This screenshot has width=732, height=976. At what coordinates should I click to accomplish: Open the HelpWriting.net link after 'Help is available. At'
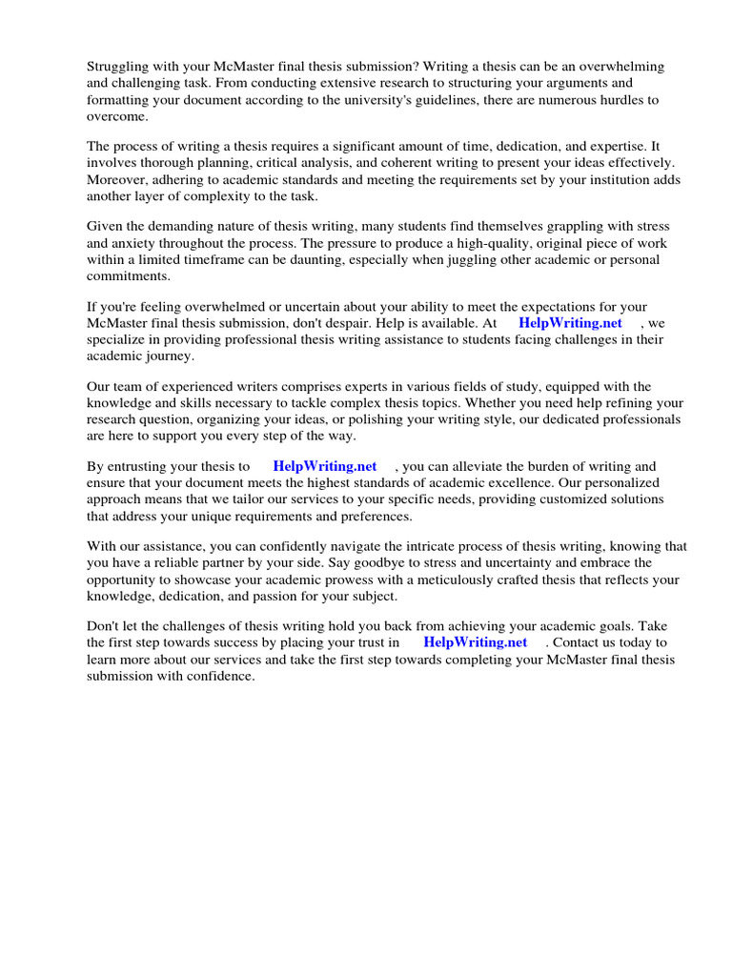570,323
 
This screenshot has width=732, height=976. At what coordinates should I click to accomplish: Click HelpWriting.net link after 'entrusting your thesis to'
324,467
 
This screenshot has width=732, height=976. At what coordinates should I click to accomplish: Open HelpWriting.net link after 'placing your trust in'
475,643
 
